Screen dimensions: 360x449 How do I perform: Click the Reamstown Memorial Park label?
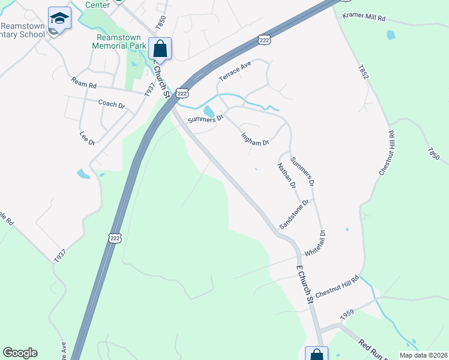[119, 41]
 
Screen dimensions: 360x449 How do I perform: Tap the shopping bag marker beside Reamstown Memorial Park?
[160, 49]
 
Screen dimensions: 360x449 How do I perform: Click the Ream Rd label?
[83, 83]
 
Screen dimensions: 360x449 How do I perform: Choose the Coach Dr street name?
[111, 104]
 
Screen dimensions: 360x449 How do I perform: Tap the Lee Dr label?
[88, 139]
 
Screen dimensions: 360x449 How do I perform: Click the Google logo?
[20, 353]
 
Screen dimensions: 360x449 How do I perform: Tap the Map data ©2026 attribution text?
[423, 355]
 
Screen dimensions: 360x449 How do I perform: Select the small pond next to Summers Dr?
[208, 112]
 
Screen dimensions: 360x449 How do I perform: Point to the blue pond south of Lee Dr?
[83, 174]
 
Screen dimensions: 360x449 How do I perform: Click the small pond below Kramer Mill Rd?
[391, 35]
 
